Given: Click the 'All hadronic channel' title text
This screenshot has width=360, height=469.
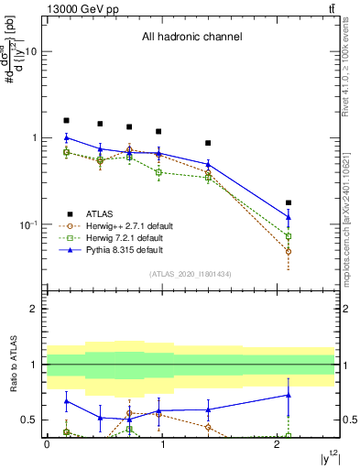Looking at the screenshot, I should click(x=191, y=38).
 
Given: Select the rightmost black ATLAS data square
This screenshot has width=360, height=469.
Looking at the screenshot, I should click(x=289, y=202).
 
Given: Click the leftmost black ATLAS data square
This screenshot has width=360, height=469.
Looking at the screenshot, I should click(x=66, y=120).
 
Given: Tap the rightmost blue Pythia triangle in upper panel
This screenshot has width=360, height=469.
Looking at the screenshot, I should click(x=289, y=217).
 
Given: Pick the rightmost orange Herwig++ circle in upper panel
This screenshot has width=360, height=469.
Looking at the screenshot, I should click(x=289, y=251).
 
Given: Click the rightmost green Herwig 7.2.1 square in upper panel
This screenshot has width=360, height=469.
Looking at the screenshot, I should click(x=289, y=236).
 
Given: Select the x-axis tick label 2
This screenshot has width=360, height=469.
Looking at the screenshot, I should click(x=278, y=444).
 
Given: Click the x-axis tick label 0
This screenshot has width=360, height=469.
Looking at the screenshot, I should click(x=47, y=444).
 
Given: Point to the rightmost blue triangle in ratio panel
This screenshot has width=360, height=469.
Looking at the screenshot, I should click(x=289, y=395).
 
